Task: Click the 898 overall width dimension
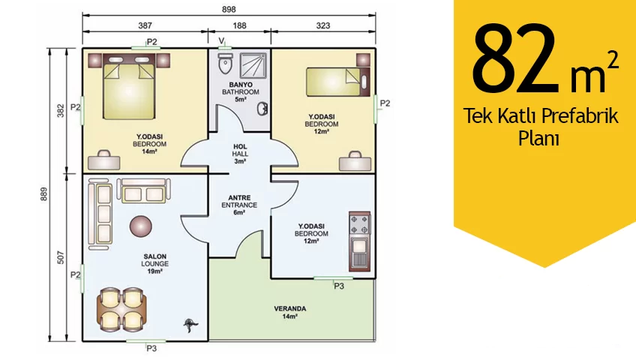(229, 9)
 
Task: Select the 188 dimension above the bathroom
(239, 25)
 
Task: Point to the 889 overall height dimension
(43, 194)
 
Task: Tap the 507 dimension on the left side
(61, 258)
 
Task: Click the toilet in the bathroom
(225, 64)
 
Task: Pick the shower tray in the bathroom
(253, 64)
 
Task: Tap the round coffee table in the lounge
(141, 226)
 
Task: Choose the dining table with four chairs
(121, 310)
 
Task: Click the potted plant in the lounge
(190, 325)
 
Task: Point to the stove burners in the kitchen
(359, 224)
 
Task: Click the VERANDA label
(290, 308)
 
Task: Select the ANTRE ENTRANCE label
(239, 205)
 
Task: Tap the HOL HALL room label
(240, 154)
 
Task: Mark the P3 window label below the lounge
(151, 348)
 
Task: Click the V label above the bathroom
(221, 40)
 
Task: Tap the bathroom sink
(262, 109)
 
